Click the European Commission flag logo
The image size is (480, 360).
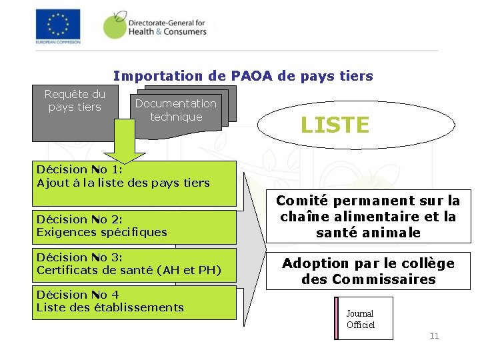coord(57,25)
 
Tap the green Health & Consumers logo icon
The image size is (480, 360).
coord(115,25)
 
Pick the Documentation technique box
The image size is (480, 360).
coord(175,110)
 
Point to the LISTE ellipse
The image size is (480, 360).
coord(335,125)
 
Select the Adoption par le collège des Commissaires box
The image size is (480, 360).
coord(368,271)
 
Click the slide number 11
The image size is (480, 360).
coord(434,336)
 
